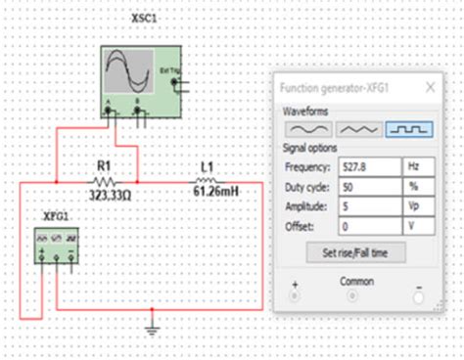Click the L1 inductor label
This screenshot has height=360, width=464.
click(x=206, y=167)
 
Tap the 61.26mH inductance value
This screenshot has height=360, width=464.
click(x=214, y=191)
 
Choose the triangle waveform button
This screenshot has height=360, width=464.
click(x=358, y=129)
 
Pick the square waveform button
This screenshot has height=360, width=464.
click(x=408, y=129)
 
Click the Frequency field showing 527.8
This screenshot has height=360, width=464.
click(x=368, y=166)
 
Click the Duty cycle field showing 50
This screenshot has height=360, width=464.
click(x=368, y=186)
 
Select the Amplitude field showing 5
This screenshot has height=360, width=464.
click(x=368, y=205)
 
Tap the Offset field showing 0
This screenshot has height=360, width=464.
click(x=368, y=225)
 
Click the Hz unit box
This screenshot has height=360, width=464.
click(x=417, y=166)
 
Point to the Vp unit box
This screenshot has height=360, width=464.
click(x=417, y=205)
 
